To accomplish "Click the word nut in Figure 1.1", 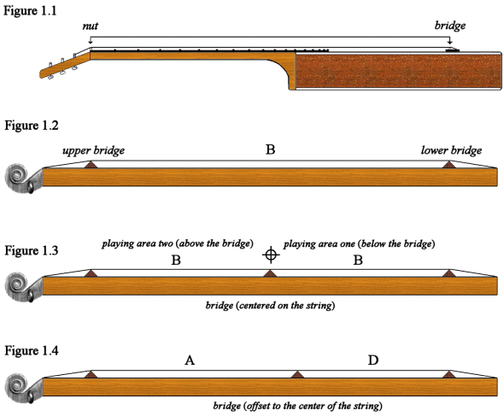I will click(x=90, y=26).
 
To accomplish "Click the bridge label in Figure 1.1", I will click(x=450, y=26).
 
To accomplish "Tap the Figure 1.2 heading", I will click(x=30, y=126).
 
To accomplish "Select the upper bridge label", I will click(x=93, y=150).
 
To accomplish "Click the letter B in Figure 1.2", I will click(x=270, y=149).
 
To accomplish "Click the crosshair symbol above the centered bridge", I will click(x=271, y=254).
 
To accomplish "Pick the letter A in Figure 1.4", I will click(x=190, y=361).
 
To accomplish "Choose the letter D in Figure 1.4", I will click(x=373, y=361).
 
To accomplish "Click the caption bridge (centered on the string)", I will click(x=269, y=305).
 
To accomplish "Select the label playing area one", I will click(x=360, y=243).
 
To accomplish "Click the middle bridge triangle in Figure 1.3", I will click(x=270, y=273).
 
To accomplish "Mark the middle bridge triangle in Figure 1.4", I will click(x=296, y=373).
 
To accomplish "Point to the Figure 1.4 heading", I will click(x=30, y=350).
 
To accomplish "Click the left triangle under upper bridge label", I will click(x=91, y=162).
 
